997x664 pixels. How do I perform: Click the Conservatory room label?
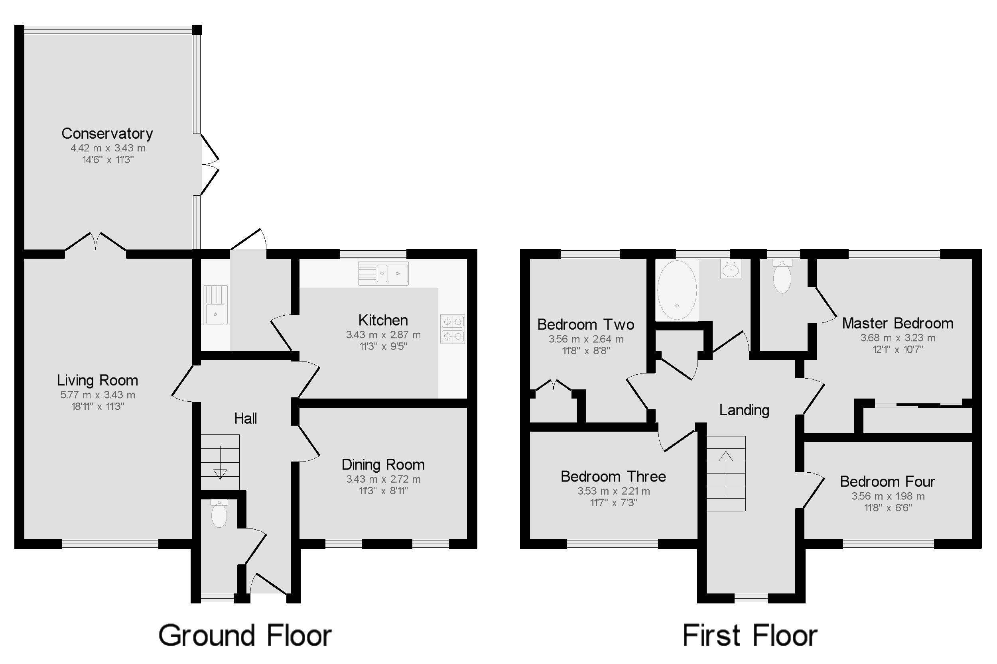click(x=107, y=134)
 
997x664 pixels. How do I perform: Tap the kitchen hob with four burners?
click(x=452, y=328)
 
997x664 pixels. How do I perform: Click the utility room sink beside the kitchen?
click(x=215, y=305)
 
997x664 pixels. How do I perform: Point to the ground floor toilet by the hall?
click(x=219, y=514)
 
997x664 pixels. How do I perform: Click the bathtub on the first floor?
click(x=677, y=290)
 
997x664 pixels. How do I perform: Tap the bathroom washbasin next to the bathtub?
click(x=731, y=269)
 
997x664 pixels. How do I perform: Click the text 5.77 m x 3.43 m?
click(x=97, y=395)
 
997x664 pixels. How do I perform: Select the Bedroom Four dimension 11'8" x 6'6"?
click(x=888, y=507)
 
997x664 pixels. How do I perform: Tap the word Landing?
click(x=744, y=410)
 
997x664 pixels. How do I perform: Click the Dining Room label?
click(x=383, y=465)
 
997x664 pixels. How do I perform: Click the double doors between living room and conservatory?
click(x=96, y=242)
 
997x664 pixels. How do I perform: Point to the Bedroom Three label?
click(x=613, y=476)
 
